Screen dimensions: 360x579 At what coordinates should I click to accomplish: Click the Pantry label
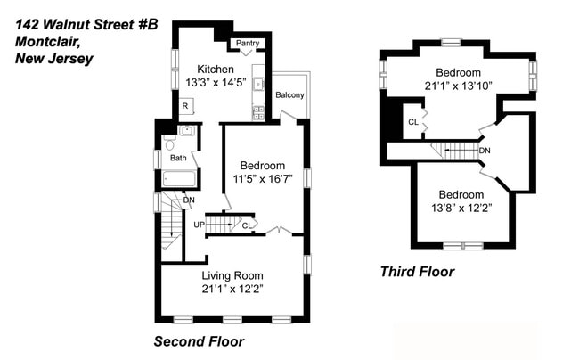[x=246, y=43]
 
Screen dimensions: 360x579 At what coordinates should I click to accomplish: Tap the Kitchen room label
[x=216, y=70]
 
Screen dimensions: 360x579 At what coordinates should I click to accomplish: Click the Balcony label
[x=289, y=95]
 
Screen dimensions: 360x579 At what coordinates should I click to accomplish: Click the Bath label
[x=179, y=158]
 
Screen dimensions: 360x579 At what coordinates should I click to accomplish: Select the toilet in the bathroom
[x=170, y=144]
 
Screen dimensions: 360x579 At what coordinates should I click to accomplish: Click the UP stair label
[x=200, y=225]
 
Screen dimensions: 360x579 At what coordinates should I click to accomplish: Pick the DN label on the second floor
[x=189, y=200]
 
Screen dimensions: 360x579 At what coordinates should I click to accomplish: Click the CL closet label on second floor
[x=246, y=225]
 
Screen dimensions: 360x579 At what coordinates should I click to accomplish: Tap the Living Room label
[x=232, y=275]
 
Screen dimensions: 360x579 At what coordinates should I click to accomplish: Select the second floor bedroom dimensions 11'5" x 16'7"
[x=263, y=179]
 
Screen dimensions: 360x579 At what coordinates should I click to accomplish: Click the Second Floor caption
[x=199, y=341]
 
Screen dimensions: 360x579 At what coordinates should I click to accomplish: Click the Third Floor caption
[x=417, y=272]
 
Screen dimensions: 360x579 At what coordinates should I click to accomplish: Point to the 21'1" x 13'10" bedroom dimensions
[x=459, y=86]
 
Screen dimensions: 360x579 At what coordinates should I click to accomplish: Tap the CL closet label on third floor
[x=412, y=122]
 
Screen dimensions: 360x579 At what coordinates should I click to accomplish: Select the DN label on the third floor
[x=484, y=151]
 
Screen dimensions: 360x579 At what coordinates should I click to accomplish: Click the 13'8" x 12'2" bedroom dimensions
[x=461, y=208]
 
